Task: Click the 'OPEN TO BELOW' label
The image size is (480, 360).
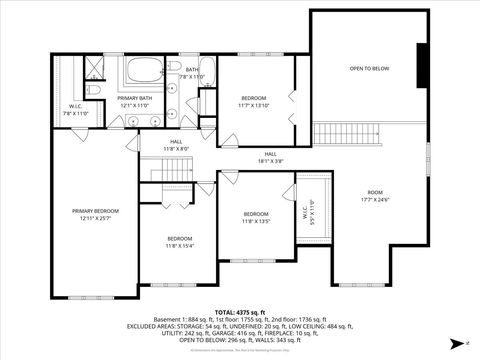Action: [369, 69]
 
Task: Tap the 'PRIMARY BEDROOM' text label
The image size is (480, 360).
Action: [95, 211]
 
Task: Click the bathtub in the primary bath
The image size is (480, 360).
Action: [145, 72]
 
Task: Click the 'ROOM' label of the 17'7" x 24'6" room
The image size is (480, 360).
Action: [375, 192]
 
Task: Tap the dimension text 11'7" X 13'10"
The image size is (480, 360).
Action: [255, 105]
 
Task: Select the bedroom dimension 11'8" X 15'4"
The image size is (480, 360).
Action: [180, 245]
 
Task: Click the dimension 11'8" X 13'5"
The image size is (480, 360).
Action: [256, 221]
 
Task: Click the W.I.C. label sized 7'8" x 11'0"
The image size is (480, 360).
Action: [76, 114]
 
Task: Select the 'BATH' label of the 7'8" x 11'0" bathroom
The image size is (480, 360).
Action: [191, 70]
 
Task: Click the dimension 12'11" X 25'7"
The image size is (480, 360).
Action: [95, 218]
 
